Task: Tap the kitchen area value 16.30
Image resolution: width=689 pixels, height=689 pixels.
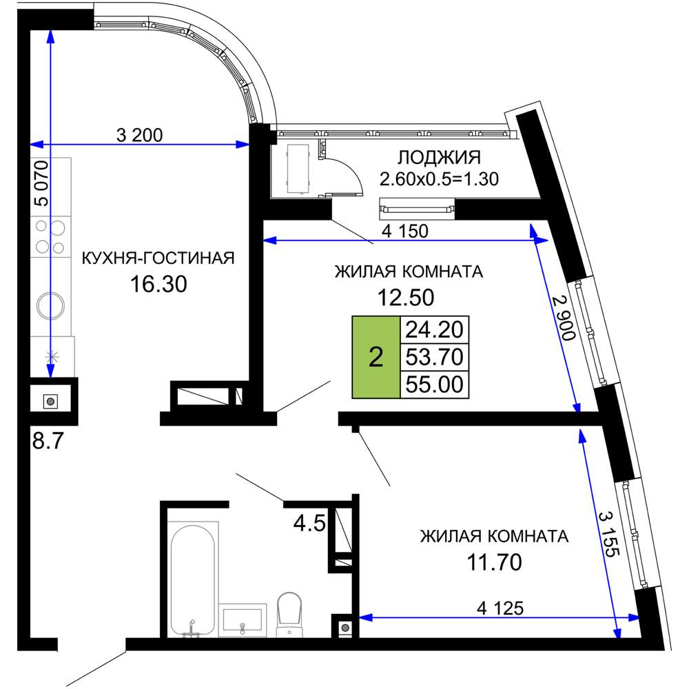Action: (158, 284)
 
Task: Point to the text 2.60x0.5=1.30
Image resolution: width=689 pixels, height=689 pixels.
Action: (439, 179)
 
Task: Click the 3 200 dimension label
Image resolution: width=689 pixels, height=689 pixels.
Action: (140, 135)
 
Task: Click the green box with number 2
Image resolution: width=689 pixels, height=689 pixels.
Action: (376, 358)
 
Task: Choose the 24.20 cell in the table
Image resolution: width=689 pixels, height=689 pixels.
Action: (434, 329)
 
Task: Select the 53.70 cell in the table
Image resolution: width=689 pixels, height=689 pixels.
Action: (434, 357)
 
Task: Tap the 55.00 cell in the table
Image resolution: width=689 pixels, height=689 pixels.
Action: (434, 384)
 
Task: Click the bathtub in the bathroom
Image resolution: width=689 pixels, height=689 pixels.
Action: (193, 579)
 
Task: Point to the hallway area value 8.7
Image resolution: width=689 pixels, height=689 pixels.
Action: (48, 441)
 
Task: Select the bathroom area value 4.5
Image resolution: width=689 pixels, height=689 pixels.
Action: (309, 524)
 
